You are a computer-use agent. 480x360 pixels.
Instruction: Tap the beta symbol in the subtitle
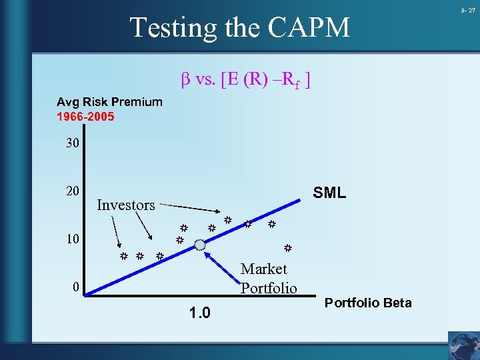187,80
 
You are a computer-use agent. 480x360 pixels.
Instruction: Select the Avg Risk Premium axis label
109,102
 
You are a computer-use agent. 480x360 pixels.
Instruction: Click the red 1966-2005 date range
85,117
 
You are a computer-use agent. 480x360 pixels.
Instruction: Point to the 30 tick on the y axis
73,143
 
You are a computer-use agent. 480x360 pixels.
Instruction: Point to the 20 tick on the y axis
73,191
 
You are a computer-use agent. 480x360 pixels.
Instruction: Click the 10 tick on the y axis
73,239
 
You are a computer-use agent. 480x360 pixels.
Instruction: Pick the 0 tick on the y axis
77,287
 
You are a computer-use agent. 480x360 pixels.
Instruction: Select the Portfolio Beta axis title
367,303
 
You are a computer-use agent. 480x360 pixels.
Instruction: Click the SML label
329,193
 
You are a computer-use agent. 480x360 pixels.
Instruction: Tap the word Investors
125,205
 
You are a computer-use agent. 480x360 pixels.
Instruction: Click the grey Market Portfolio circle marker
200,244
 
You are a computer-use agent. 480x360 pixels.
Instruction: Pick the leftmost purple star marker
123,256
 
